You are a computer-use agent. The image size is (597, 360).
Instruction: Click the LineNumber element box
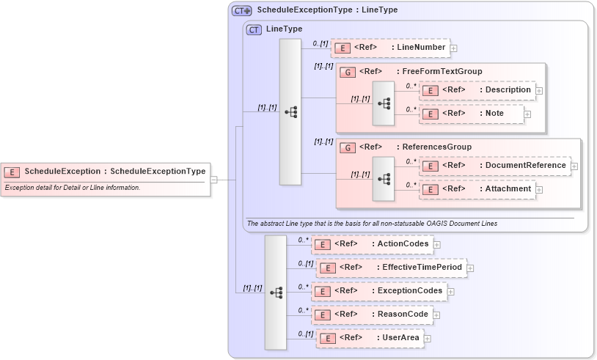click(389, 48)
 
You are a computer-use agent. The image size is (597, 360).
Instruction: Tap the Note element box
click(472, 114)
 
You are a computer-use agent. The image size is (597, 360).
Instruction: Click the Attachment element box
click(477, 189)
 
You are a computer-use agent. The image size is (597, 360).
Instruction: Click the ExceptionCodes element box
click(379, 291)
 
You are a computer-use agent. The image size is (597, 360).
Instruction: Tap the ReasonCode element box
click(372, 315)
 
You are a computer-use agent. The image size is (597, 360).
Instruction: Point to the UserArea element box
click(370, 338)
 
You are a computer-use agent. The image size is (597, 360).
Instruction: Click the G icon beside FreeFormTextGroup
click(348, 72)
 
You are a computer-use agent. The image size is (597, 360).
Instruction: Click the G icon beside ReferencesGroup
click(348, 147)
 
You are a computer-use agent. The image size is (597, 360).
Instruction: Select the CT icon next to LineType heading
click(254, 29)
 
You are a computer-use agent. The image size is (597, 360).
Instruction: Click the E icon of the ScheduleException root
click(12, 172)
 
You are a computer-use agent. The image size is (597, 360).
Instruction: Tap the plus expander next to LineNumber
click(453, 48)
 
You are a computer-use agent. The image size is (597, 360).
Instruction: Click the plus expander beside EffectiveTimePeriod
click(470, 268)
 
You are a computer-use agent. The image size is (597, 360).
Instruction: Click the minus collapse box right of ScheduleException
click(213, 178)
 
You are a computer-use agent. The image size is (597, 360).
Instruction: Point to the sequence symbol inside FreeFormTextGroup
click(384, 103)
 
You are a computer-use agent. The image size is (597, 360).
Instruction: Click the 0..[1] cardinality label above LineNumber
click(319, 44)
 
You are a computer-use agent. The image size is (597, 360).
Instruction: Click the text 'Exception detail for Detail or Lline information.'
click(72, 188)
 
